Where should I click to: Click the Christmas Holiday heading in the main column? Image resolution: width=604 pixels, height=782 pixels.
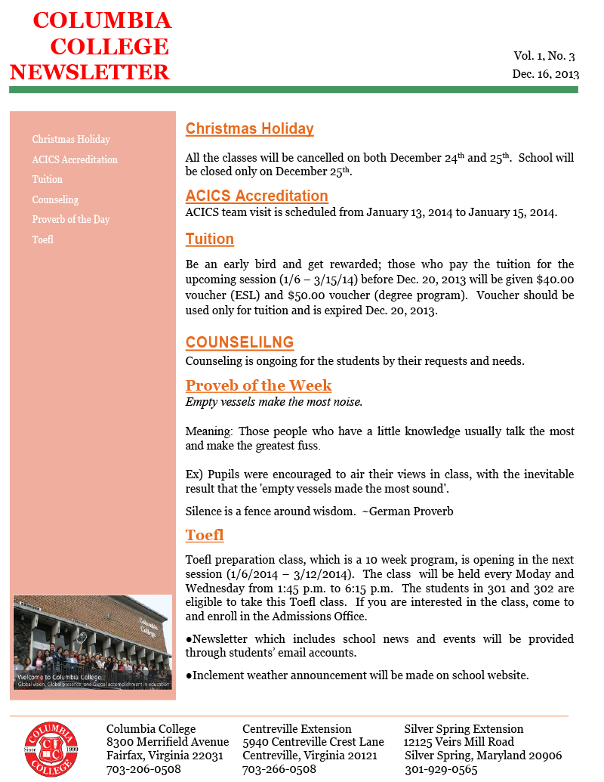pos(249,128)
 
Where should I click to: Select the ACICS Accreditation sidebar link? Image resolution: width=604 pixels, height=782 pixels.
pos(75,159)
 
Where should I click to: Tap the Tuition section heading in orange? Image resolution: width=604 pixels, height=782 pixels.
pos(210,240)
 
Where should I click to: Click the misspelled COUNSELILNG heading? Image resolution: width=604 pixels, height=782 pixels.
pos(239,342)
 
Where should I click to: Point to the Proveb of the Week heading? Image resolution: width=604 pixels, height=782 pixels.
pos(258,385)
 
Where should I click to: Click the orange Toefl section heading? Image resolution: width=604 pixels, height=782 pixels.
pos(205,536)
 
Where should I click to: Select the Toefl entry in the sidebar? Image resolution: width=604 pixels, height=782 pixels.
pos(42,240)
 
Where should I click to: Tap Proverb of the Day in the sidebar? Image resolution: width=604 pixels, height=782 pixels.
pos(71,219)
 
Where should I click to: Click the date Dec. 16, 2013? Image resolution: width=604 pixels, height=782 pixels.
pos(545,74)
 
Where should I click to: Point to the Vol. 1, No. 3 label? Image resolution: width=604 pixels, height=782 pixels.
pos(544,56)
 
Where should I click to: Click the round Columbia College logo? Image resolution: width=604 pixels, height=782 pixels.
pos(51,748)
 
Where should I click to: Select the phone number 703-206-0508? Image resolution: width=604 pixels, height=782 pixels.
pos(143,769)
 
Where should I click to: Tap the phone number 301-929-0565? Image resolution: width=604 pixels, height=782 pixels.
pos(441,769)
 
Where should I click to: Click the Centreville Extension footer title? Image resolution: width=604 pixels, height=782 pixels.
pos(297,729)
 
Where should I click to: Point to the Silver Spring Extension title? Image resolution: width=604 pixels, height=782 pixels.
pos(464,729)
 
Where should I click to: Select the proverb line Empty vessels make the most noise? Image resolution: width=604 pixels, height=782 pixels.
pos(274,402)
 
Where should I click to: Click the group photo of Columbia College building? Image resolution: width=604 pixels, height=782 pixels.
pos(93,642)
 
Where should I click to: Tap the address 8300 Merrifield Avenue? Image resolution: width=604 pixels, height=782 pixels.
pos(168,742)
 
